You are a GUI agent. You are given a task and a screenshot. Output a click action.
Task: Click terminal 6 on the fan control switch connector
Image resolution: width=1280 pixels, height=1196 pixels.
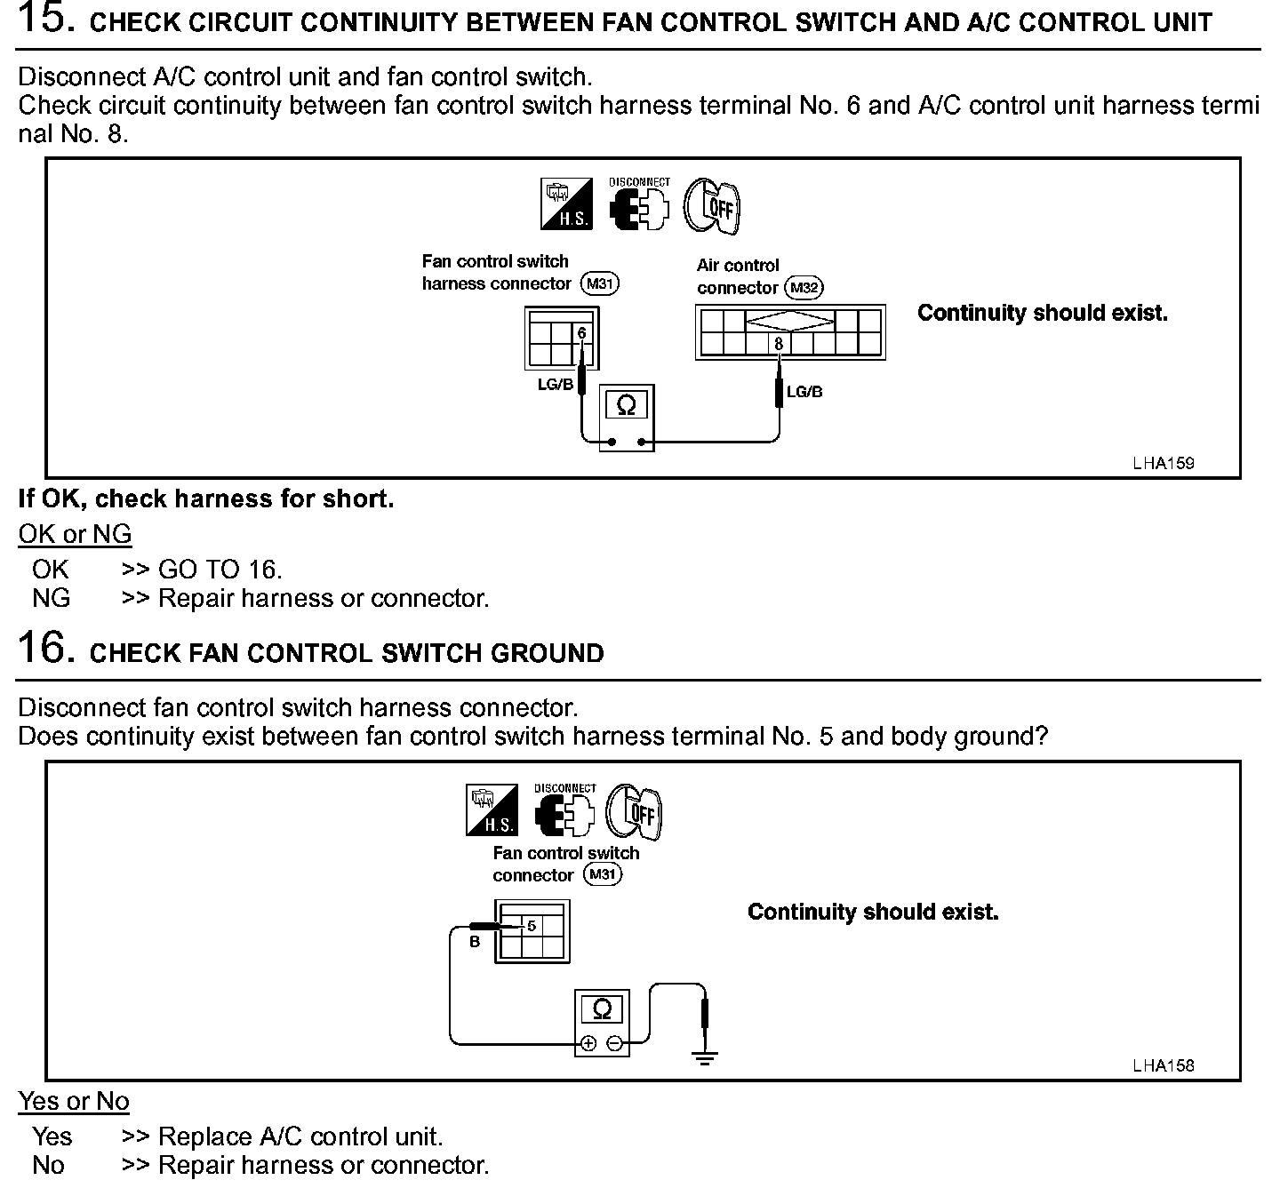click(x=581, y=333)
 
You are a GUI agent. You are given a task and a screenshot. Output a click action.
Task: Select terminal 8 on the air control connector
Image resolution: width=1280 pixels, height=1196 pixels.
click(x=779, y=344)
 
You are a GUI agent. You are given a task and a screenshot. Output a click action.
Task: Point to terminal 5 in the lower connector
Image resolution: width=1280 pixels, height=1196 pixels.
click(x=532, y=926)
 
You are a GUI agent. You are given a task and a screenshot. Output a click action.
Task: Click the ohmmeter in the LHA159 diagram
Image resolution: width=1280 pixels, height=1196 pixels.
click(x=626, y=417)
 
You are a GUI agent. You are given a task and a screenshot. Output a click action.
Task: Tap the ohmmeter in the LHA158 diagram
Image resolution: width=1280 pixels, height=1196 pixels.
click(x=602, y=1022)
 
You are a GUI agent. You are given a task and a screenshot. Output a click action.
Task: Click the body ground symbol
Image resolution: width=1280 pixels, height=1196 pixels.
click(x=705, y=1057)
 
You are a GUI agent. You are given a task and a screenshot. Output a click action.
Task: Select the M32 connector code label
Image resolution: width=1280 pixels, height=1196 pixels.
click(x=804, y=288)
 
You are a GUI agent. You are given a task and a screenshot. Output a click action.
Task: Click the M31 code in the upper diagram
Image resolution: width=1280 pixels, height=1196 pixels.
click(x=599, y=283)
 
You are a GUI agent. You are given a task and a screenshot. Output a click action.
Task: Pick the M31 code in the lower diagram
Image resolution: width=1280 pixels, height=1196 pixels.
click(x=603, y=874)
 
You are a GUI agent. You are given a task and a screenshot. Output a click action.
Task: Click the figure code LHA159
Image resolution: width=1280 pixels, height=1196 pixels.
click(x=1163, y=463)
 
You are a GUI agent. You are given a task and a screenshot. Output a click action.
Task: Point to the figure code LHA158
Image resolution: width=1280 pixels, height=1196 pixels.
click(x=1163, y=1065)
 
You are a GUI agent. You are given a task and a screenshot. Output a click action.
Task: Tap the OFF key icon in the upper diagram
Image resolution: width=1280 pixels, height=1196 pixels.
click(x=713, y=206)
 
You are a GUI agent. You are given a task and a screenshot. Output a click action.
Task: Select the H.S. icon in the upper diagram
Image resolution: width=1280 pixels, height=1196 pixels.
click(x=566, y=203)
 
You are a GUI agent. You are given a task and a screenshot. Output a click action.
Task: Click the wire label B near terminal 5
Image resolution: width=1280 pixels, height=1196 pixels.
click(x=475, y=942)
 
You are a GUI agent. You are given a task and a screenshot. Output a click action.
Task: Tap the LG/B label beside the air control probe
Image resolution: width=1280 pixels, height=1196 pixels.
click(x=804, y=392)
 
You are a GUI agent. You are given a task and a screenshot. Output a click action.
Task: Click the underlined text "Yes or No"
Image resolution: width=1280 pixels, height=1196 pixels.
click(x=74, y=1101)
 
